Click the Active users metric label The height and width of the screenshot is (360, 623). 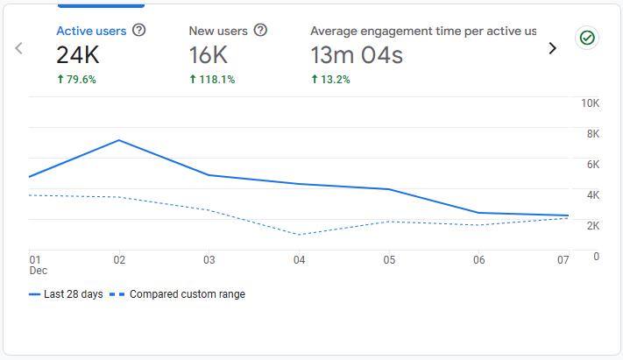[x=91, y=31]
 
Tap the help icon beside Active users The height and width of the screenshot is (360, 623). [x=138, y=31]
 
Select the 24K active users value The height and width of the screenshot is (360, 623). [x=77, y=55]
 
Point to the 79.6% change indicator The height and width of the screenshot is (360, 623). [x=76, y=79]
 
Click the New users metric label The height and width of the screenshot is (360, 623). [x=218, y=31]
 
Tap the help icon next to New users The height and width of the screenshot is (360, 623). [x=260, y=31]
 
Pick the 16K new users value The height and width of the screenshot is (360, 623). [x=209, y=55]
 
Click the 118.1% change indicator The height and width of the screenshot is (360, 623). [x=213, y=79]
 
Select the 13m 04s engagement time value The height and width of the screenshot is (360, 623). [x=357, y=55]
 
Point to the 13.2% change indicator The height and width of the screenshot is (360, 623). [x=330, y=79]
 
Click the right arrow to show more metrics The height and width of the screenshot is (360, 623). [x=552, y=48]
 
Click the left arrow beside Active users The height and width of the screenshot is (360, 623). [x=18, y=48]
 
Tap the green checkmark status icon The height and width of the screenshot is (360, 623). [x=586, y=38]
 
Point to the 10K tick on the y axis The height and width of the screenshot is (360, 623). [x=590, y=103]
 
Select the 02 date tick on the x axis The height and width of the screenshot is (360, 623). [x=119, y=260]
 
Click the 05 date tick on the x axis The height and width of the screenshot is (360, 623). [x=389, y=260]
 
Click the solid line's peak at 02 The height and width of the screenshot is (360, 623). [x=119, y=140]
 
